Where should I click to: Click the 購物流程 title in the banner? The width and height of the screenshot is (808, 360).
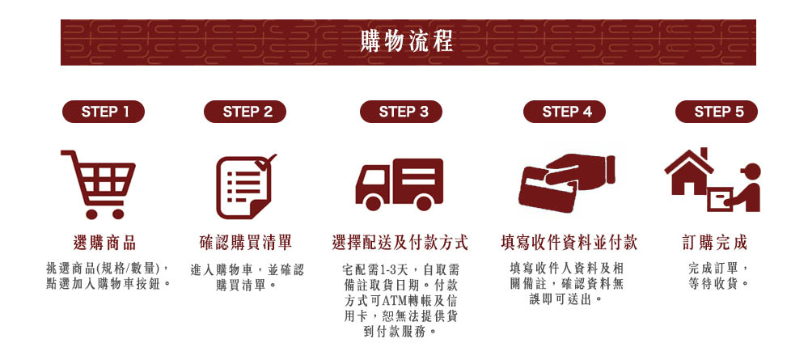(x=406, y=40)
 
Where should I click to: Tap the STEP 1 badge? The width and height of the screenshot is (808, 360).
(x=104, y=112)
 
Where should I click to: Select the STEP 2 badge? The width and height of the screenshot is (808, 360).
(x=247, y=112)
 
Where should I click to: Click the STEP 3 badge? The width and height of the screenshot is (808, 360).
(x=403, y=112)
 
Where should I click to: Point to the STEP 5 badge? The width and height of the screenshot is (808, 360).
(x=718, y=112)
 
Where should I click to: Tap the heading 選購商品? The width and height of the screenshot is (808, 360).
(x=104, y=242)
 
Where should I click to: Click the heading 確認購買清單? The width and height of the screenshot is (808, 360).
(x=246, y=242)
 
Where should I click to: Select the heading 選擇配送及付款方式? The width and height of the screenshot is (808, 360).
(x=400, y=242)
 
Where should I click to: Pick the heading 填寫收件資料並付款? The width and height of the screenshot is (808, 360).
(x=569, y=242)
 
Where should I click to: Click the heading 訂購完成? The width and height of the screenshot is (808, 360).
(x=715, y=242)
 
